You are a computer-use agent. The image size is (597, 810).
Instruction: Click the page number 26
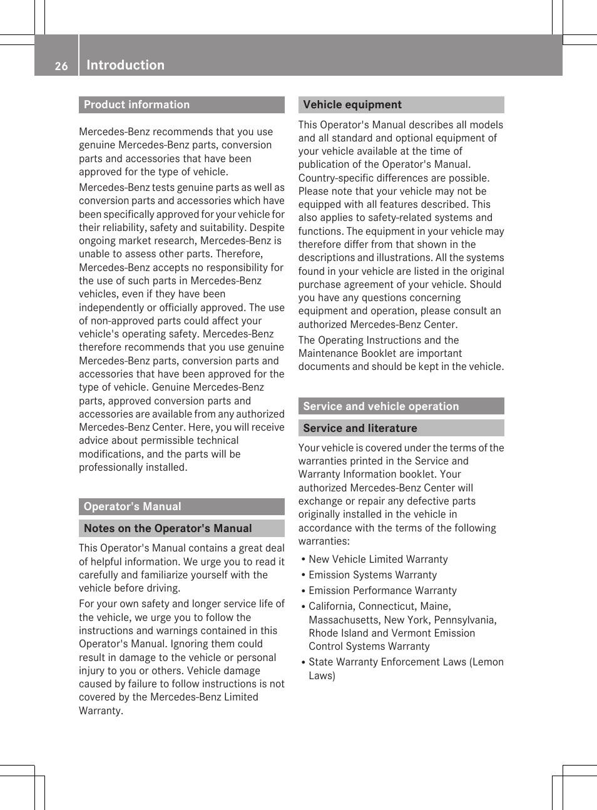61,66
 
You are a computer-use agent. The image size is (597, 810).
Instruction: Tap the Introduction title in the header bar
125,65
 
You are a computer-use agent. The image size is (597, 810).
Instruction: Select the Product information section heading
136,105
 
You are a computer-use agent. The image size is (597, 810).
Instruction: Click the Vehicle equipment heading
352,105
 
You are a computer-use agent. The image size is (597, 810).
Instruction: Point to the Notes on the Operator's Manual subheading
168,528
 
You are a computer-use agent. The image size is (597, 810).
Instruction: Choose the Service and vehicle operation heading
380,406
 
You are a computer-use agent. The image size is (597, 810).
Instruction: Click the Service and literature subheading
360,428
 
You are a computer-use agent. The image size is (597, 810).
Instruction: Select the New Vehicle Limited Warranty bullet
378,559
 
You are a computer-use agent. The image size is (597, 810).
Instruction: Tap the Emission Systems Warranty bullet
372,575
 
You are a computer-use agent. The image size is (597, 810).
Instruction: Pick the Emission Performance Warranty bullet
382,590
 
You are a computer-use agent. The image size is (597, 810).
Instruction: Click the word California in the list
331,606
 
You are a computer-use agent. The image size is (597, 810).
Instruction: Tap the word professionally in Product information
110,468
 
